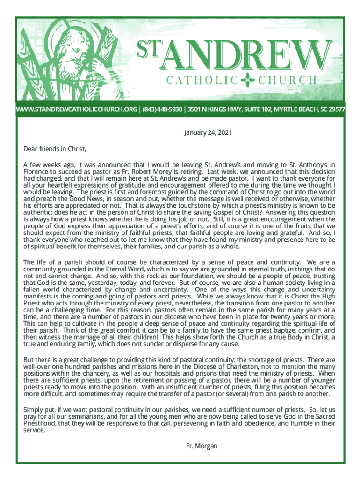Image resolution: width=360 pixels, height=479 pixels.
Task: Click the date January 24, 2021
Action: [x=207, y=133]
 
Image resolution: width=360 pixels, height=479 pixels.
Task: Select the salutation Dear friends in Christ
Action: [x=55, y=149]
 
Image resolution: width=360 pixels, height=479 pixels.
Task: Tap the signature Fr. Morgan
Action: [x=202, y=446]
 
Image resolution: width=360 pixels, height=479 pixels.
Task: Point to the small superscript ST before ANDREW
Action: [x=145, y=47]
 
